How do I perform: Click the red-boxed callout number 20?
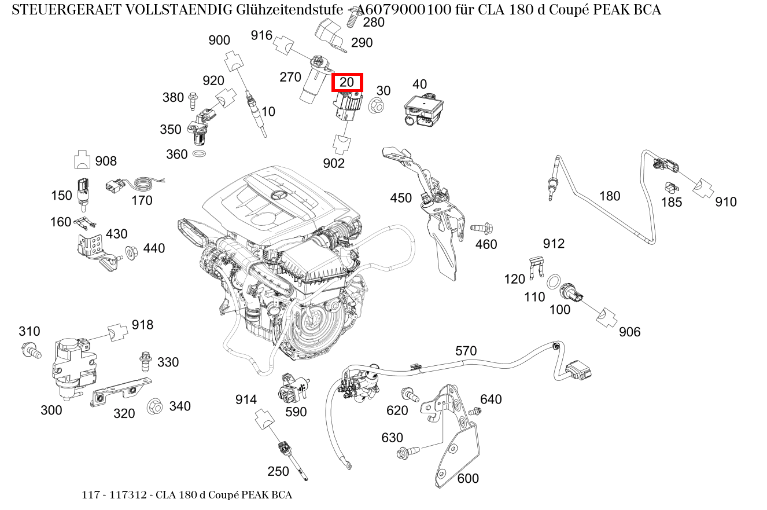[346, 83]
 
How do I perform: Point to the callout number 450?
[401, 198]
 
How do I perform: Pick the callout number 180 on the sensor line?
[609, 196]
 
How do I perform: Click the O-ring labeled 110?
[553, 282]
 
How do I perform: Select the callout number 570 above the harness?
[466, 351]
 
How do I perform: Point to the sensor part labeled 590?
[290, 391]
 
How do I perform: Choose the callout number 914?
[246, 399]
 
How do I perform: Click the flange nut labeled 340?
[154, 407]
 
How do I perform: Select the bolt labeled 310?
[31, 349]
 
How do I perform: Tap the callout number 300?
[51, 410]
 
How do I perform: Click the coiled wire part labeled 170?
[139, 185]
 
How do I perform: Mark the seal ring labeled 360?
[200, 155]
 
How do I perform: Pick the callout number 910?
[726, 201]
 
